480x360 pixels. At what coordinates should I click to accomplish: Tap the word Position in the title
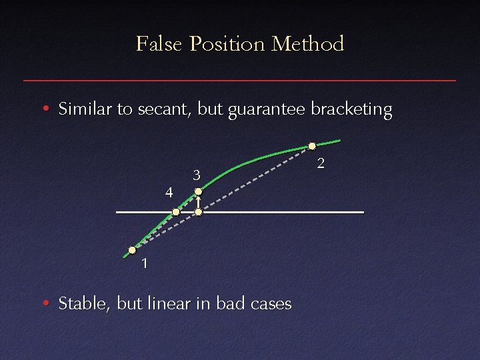228,44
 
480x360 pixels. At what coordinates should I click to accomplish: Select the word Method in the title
308,44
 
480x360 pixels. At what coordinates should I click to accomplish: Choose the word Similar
85,109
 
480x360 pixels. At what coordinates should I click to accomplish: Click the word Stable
84,304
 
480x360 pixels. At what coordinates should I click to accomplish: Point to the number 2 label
321,163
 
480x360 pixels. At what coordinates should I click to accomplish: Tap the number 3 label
197,176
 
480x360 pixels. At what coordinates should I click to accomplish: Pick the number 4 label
169,193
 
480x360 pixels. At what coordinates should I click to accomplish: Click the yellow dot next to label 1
132,251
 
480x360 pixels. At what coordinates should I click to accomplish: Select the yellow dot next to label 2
311,146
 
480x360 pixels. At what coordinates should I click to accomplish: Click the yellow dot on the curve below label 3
198,192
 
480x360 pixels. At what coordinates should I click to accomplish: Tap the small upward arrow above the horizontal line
198,202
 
